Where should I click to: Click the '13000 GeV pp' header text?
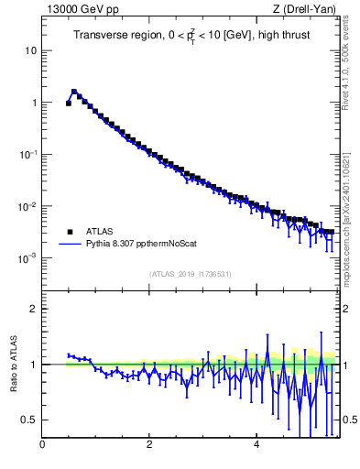pos(81,10)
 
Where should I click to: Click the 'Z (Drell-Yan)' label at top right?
pos(311,10)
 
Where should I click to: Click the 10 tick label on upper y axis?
pos(31,50)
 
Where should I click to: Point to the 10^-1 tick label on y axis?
pos(28,154)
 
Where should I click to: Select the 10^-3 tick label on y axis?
pos(28,258)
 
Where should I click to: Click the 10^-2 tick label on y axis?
pos(28,206)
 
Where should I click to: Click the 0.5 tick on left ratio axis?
pos(30,420)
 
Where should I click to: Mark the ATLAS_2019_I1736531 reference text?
pos(191,274)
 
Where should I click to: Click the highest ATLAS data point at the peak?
pos(74,93)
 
